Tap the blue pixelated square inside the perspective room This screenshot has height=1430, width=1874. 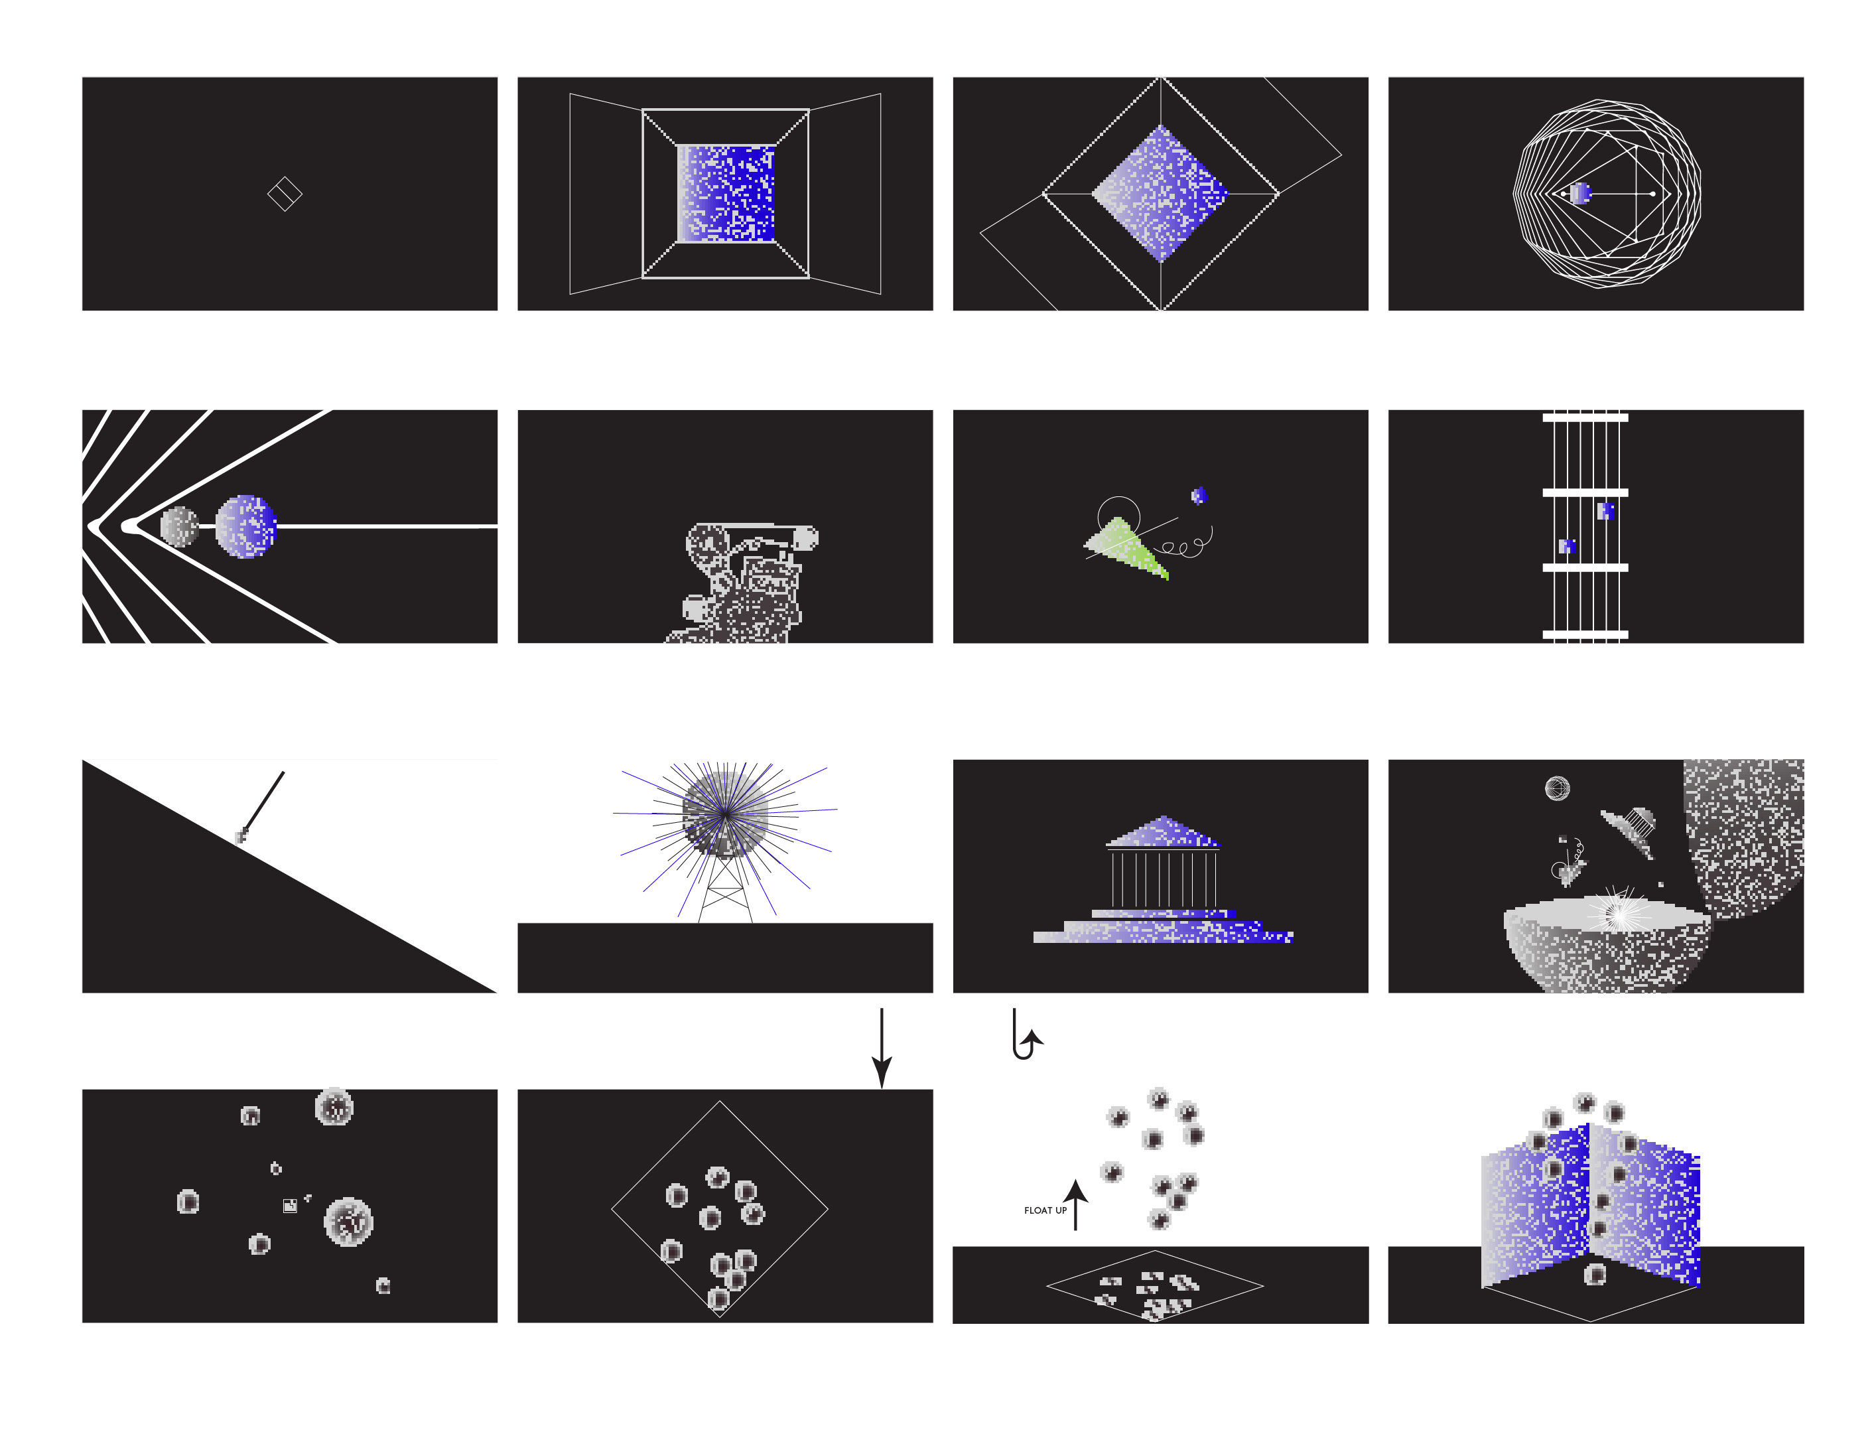pos(725,193)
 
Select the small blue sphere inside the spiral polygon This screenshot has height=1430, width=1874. pos(1579,193)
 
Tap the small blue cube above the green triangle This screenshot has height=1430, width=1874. pos(1198,496)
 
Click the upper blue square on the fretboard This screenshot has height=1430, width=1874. pos(1606,511)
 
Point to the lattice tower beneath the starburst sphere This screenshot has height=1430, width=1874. pos(725,887)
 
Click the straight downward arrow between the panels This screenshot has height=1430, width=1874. pos(882,1048)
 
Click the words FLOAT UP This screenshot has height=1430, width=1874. pos(1045,1210)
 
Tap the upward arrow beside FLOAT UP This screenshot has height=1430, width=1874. pos(1076,1204)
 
